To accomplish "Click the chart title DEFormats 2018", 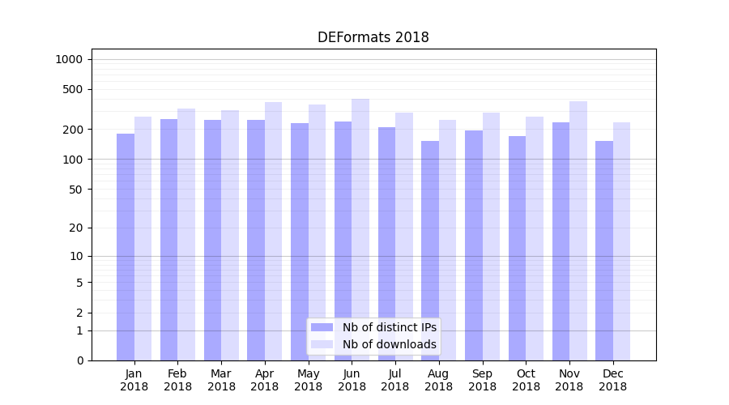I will (373, 37).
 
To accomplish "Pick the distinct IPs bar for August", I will (430, 250).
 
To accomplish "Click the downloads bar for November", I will (578, 231).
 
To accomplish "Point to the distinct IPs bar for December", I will (604, 250).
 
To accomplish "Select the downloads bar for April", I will (274, 231).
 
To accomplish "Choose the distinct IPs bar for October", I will (517, 248).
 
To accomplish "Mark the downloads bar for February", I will (186, 234).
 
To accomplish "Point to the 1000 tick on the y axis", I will (69, 59).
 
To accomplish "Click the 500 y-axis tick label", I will (73, 89).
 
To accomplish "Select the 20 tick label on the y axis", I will (76, 228).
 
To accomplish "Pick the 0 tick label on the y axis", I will (79, 360).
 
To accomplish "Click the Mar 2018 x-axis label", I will (221, 380).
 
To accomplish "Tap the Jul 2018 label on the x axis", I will (395, 380).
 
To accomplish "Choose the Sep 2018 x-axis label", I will (482, 380).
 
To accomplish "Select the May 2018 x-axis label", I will (308, 380).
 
